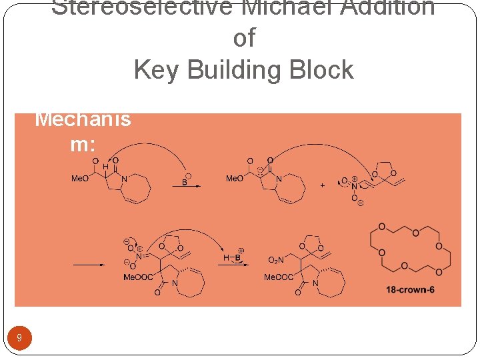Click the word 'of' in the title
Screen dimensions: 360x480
click(244, 39)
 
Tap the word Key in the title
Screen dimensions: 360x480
click(157, 69)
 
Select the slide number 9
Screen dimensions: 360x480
click(19, 338)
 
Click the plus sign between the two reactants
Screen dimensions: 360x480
click(323, 185)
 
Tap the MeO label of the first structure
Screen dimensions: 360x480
click(80, 179)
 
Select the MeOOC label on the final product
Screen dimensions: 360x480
click(278, 277)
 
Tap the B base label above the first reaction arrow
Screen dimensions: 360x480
click(185, 181)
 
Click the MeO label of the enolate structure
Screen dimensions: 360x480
click(234, 179)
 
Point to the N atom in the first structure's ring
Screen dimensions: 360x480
click(125, 178)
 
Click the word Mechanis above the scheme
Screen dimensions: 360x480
click(83, 119)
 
